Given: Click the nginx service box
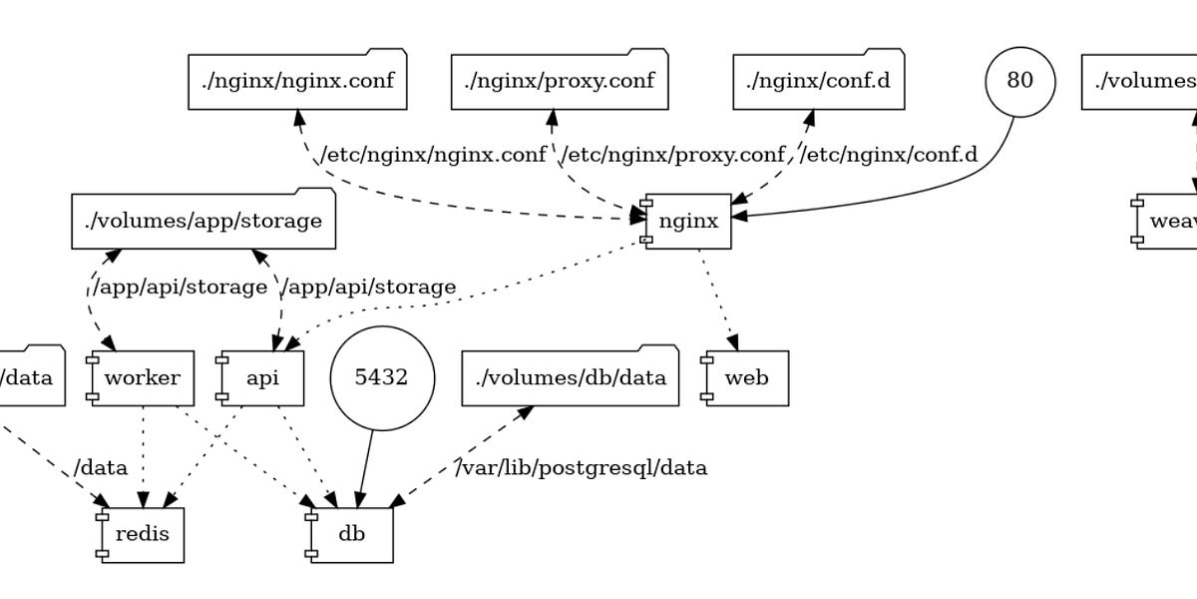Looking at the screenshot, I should point(688,221).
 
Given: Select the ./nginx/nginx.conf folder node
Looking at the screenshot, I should point(297,80).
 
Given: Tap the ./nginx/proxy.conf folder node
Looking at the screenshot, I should point(559,80).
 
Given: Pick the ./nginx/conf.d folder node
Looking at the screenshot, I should point(818,80).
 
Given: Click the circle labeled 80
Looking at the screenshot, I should point(1019,81).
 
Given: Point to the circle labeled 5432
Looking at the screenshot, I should point(381,378).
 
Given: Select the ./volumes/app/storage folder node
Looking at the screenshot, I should point(203,221).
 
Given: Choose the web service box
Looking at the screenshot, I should point(746,378).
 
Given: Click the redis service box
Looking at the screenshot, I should point(142,534).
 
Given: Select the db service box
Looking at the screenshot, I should point(351,534).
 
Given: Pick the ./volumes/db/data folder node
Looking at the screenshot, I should point(570,378).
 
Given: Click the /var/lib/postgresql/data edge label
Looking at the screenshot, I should point(582,467).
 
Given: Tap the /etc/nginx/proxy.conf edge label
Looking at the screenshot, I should point(673,155).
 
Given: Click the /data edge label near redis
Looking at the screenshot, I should point(100,467).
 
